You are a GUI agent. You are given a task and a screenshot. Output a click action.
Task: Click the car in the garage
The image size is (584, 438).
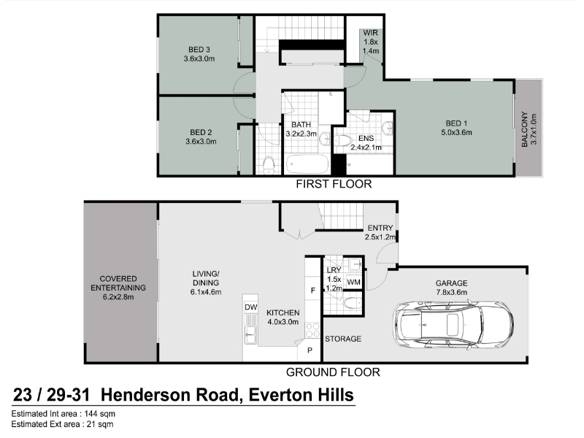pyautogui.click(x=453, y=325)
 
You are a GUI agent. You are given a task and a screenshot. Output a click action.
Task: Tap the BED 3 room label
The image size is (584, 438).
pyautogui.click(x=199, y=54)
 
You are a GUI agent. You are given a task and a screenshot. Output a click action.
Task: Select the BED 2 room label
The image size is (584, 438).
pyautogui.click(x=201, y=137)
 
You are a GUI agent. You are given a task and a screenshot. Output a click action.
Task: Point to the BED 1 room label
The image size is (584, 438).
pyautogui.click(x=456, y=128)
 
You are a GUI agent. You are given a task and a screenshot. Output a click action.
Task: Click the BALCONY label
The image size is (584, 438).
pyautogui.click(x=529, y=129)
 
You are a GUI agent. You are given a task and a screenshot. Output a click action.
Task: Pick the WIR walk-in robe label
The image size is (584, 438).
pyautogui.click(x=371, y=42)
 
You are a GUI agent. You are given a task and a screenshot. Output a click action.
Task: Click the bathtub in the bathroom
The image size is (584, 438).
pyautogui.click(x=307, y=164)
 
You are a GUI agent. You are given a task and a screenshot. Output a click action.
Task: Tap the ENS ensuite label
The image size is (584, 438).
pyautogui.click(x=366, y=142)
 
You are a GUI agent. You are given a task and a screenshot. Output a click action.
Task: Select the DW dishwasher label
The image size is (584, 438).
pyautogui.click(x=251, y=307)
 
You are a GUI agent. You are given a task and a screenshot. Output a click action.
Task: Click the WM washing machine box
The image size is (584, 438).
pyautogui.click(x=353, y=282)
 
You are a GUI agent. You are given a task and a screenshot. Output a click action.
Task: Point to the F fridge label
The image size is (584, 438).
pyautogui.click(x=313, y=290)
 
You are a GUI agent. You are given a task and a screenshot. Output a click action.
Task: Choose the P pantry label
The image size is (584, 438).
pyautogui.click(x=310, y=350)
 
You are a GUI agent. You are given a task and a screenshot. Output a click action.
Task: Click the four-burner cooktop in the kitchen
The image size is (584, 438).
pyautogui.click(x=312, y=330)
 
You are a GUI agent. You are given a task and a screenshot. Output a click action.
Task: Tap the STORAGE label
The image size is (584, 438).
pyautogui.click(x=343, y=339)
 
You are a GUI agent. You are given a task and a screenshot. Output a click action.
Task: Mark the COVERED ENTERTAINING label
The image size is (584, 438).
pyautogui.click(x=118, y=288)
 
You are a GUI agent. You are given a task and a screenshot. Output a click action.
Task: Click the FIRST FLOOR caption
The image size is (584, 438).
pyautogui.click(x=334, y=184)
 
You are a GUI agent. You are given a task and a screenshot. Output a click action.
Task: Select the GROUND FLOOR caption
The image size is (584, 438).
pyautogui.click(x=333, y=372)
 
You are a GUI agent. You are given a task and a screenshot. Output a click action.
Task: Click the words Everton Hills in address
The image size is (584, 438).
pyautogui.click(x=301, y=395)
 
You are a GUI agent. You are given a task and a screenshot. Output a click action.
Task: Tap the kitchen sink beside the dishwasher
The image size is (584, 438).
pyautogui.click(x=250, y=334)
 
